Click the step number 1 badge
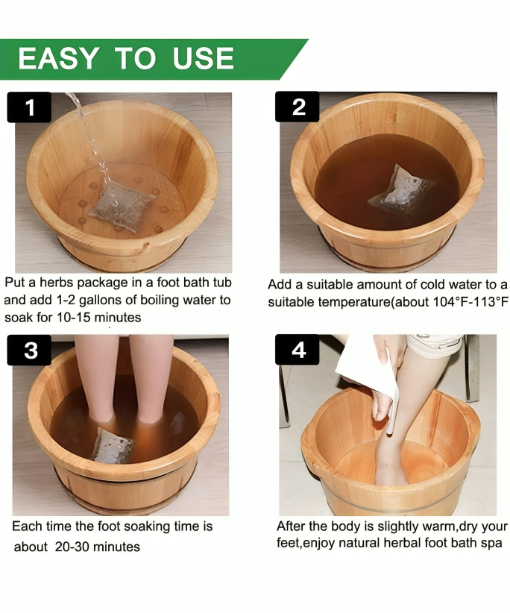coord(29,108)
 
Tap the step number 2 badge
coord(297,107)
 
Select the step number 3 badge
coord(30,350)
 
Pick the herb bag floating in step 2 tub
coord(401,189)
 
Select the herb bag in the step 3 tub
coord(113,446)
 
